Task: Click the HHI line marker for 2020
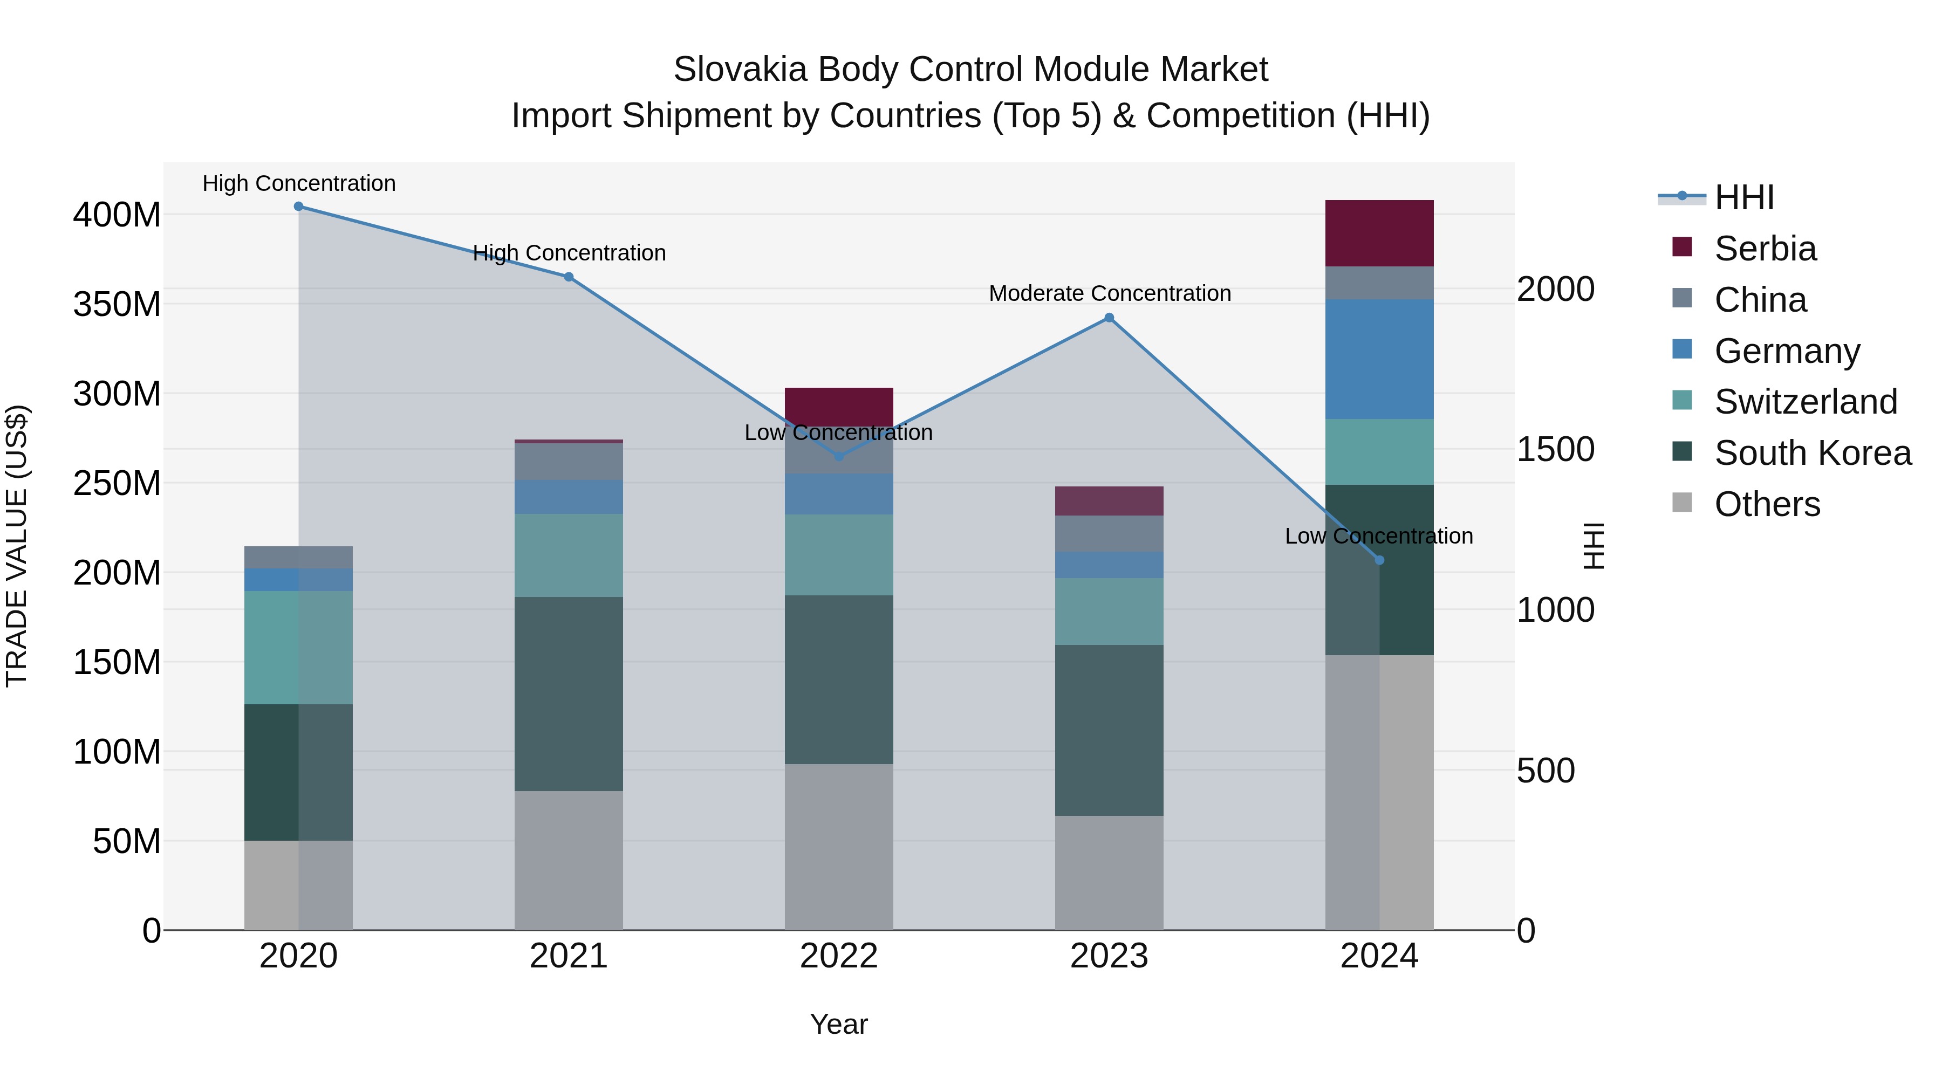coord(298,207)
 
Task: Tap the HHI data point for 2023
coord(1109,318)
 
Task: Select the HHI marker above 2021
coord(569,277)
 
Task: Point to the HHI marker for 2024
coord(1379,560)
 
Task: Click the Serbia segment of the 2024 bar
coord(1379,233)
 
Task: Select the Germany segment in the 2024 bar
coord(1379,359)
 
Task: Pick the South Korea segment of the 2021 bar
coord(569,693)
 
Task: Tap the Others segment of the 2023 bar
coord(1109,873)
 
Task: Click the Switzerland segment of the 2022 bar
coord(839,555)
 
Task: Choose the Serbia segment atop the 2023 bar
coord(1109,501)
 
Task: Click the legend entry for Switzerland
coord(1806,402)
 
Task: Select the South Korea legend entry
coord(1813,453)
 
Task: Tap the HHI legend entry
coord(1743,197)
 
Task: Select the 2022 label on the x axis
coord(839,956)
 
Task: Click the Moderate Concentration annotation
coord(1110,294)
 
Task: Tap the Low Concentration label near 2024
coord(1379,537)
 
